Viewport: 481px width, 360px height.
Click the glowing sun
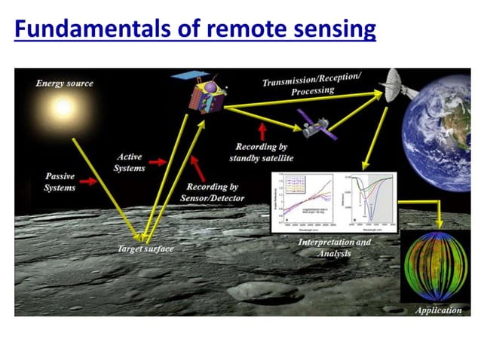coord(62,108)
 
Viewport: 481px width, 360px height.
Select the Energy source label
coord(65,83)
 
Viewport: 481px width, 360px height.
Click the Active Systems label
coord(129,162)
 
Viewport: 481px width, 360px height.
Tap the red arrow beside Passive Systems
coord(89,182)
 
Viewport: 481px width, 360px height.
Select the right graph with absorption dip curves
coord(369,200)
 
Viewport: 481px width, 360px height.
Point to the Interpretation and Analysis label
coord(335,248)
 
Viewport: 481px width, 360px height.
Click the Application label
coord(438,310)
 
